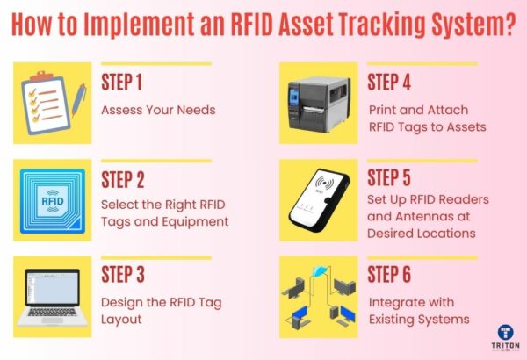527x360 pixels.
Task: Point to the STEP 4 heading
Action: pyautogui.click(x=395, y=83)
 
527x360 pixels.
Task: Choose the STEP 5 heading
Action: pyautogui.click(x=395, y=180)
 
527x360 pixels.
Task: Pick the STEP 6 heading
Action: pyautogui.click(x=395, y=275)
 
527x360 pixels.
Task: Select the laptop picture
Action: pyautogui.click(x=52, y=294)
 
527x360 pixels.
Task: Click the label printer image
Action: pyautogui.click(x=317, y=101)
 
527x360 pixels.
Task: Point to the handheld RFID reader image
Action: pyautogui.click(x=317, y=200)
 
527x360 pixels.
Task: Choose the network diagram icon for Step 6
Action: pyautogui.click(x=317, y=294)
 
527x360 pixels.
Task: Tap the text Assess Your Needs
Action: pyautogui.click(x=158, y=111)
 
